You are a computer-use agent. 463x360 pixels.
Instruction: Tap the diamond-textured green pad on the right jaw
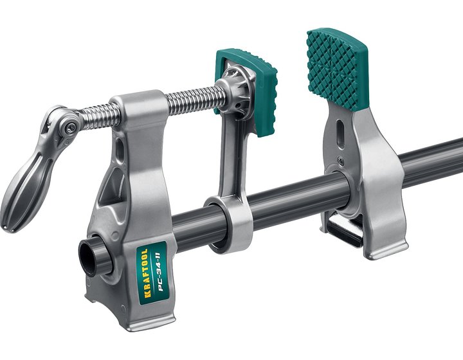pyautogui.click(x=336, y=69)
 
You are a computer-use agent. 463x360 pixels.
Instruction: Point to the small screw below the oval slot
pyautogui.click(x=341, y=161)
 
